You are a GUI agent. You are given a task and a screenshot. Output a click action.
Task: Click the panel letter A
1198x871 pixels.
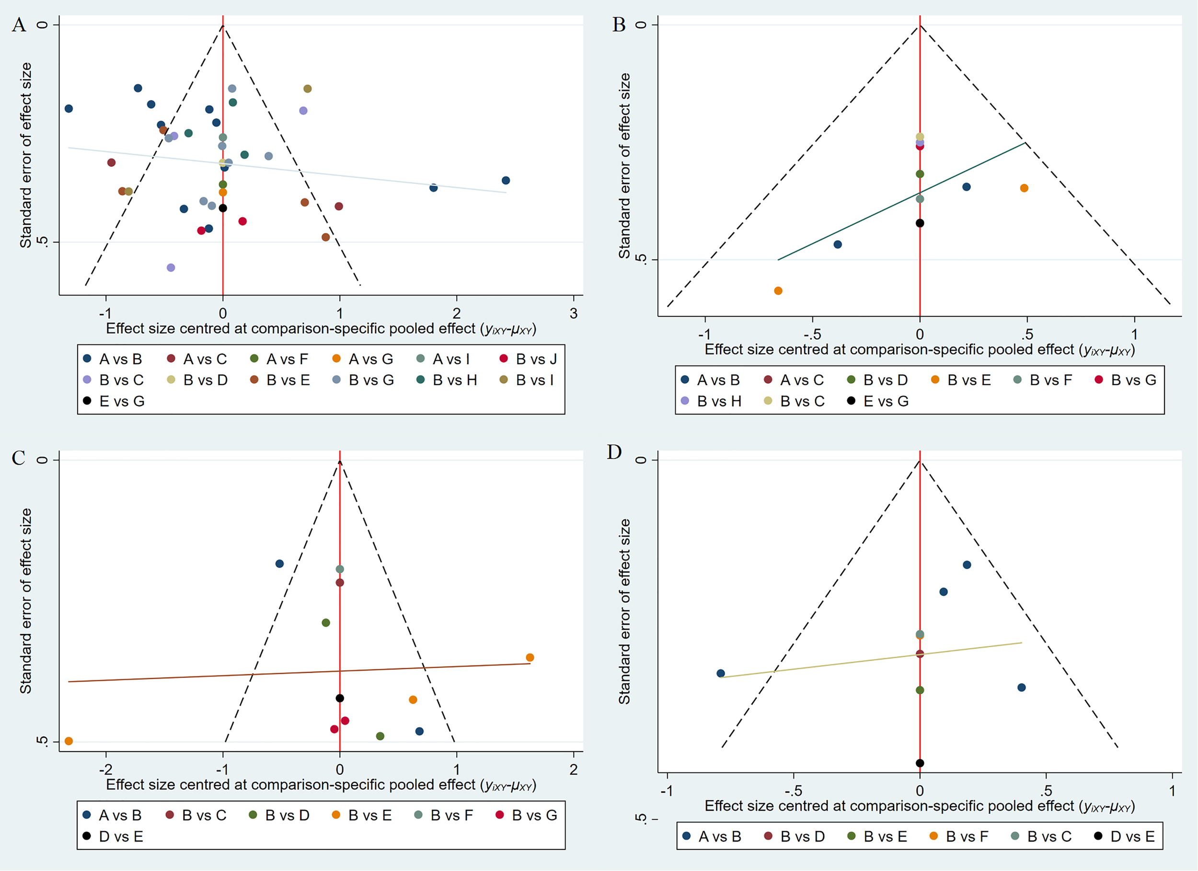point(19,25)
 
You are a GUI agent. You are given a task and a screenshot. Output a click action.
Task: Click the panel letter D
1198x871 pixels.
point(614,452)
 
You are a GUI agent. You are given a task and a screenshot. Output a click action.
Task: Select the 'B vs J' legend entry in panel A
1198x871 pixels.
point(528,359)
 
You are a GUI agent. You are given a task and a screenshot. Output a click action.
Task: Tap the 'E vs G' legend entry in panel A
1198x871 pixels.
point(114,401)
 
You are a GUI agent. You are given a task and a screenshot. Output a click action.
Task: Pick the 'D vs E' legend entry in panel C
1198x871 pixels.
point(113,837)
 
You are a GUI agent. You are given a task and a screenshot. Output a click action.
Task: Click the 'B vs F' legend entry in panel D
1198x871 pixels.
point(959,837)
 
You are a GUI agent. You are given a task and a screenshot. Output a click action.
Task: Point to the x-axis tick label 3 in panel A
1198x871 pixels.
point(574,314)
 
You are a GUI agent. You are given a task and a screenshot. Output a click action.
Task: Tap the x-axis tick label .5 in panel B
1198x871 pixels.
point(1026,334)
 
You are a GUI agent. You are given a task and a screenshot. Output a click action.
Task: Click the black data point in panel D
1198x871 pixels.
point(920,763)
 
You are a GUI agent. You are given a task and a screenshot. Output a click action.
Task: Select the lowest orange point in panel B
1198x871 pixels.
point(778,290)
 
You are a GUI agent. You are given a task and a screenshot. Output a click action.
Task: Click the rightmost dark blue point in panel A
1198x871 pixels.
point(506,181)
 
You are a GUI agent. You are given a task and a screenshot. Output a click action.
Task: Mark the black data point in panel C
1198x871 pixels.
point(340,698)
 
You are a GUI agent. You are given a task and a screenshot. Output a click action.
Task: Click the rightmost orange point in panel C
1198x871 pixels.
point(530,658)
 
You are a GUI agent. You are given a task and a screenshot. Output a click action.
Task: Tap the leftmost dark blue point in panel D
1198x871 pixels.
point(721,674)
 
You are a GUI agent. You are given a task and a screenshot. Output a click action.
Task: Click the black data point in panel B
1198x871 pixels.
point(920,223)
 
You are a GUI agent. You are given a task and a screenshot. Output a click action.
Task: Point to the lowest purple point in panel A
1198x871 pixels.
point(171,268)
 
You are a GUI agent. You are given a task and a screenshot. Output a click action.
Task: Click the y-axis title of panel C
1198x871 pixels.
point(25,601)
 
